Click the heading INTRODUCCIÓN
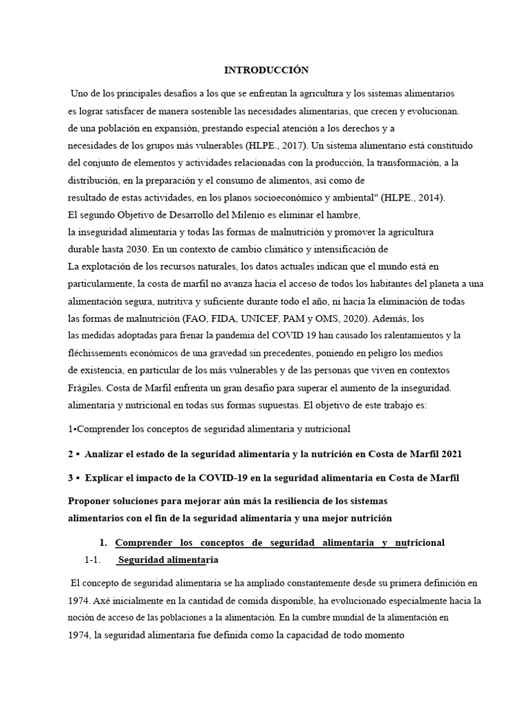click(267, 70)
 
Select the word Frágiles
click(85, 388)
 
